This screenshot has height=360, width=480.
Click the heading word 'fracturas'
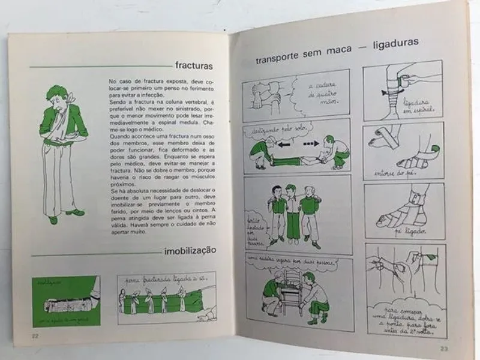[x=194, y=65]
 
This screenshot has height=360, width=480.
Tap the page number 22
[x=35, y=335]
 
